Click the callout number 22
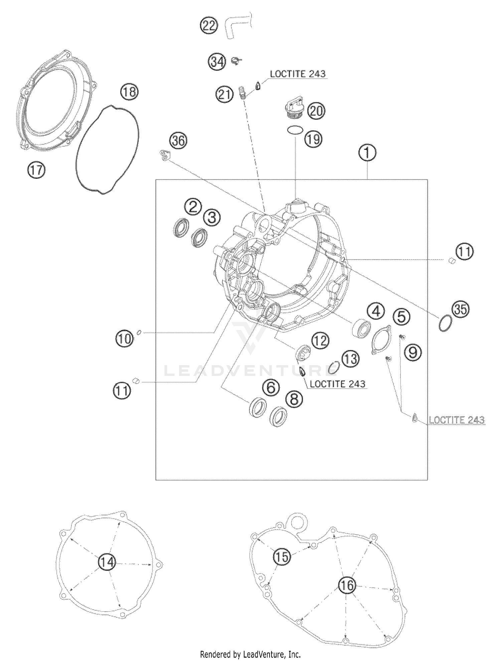coord(209,26)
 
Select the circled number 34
coord(217,62)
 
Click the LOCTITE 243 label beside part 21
coord(298,74)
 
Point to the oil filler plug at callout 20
coord(293,108)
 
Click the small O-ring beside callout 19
coord(296,129)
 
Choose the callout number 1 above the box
coord(367,153)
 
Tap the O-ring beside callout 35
coord(445,323)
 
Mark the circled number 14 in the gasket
coord(107,563)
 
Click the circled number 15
coord(282,557)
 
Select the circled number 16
coord(347,585)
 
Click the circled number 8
coord(294,399)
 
